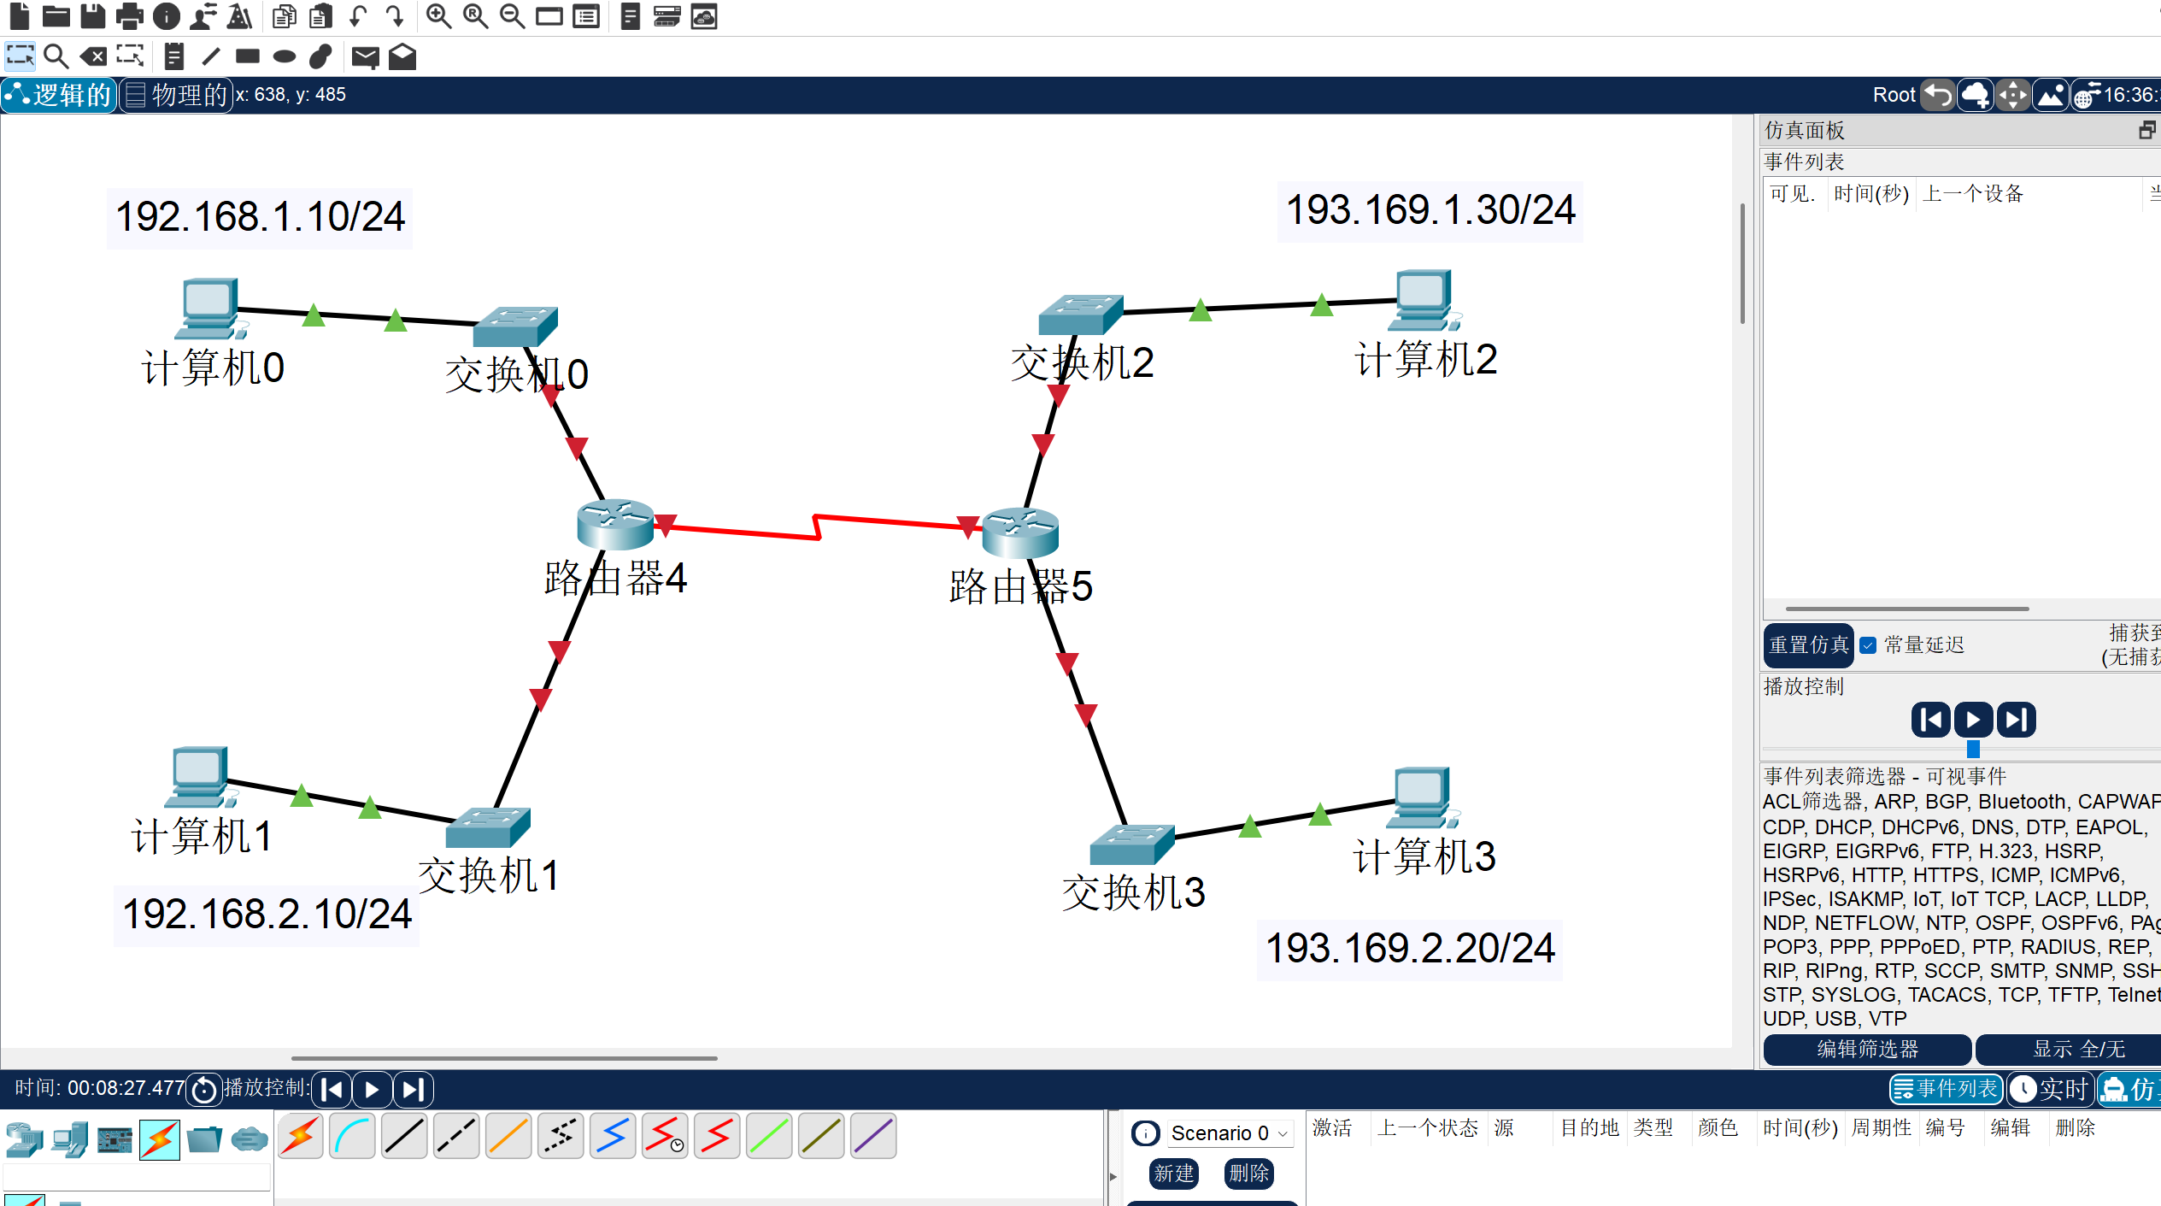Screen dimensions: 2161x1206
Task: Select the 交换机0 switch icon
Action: (515, 326)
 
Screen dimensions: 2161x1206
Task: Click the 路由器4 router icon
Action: (615, 523)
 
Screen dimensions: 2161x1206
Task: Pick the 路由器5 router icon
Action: (1020, 532)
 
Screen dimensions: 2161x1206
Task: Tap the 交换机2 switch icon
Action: (1081, 315)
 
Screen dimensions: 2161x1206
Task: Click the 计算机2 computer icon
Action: (1424, 300)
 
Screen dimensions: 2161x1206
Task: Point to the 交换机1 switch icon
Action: (488, 827)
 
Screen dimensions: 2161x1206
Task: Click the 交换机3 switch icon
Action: (1132, 844)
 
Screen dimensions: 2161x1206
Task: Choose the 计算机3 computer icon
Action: (1422, 797)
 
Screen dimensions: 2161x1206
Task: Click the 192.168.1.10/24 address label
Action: (260, 217)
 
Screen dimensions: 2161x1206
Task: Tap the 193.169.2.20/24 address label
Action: (1410, 949)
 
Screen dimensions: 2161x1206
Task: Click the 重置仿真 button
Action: (1808, 645)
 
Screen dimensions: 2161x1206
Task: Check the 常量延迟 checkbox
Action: (1869, 645)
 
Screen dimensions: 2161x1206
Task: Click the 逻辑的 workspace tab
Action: (60, 95)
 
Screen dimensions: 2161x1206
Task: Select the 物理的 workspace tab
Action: (177, 95)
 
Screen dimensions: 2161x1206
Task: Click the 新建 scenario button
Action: (1173, 1174)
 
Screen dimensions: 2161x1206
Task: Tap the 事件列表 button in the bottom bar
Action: (1946, 1089)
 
